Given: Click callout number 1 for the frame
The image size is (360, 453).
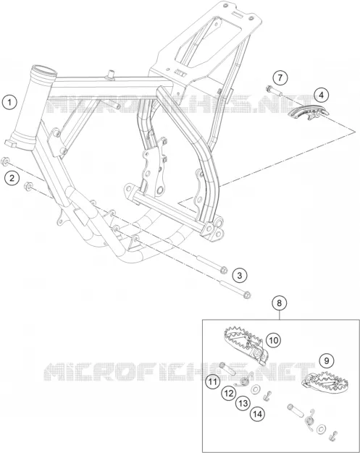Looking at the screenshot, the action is (9, 102).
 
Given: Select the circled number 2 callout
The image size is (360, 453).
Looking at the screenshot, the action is (12, 178).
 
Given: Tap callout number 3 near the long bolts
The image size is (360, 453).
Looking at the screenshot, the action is (240, 275).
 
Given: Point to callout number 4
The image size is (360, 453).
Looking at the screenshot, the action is (322, 95).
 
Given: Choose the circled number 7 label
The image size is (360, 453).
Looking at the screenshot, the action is (280, 77).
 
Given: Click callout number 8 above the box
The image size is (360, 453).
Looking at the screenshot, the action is (279, 303).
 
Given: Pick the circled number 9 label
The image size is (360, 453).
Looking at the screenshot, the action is (327, 360).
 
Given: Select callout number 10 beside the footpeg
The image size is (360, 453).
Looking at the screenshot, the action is (273, 340).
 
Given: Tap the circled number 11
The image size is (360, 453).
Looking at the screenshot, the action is (213, 382).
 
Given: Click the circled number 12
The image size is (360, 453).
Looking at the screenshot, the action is (229, 393).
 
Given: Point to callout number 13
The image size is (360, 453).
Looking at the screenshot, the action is (243, 403).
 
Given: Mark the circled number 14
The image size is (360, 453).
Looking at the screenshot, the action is (258, 414).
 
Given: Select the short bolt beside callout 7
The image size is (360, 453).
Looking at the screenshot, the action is (274, 90).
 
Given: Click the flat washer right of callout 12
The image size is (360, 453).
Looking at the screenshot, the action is (255, 390).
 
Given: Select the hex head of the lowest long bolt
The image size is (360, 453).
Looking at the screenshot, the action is (247, 295).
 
